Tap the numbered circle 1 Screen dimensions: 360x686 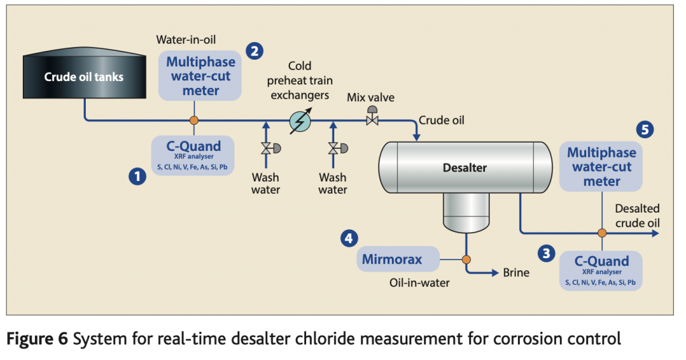coord(137,177)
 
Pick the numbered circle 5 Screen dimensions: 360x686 coord(645,129)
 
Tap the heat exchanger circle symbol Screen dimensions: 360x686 coord(299,121)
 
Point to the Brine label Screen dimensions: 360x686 coord(516,273)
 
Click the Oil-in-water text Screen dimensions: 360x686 coord(419,283)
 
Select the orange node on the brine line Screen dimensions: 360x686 coord(466,259)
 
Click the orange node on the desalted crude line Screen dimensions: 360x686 coord(602,233)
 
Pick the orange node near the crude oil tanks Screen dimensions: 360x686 coord(194,121)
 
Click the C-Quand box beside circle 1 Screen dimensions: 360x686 coord(193,155)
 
